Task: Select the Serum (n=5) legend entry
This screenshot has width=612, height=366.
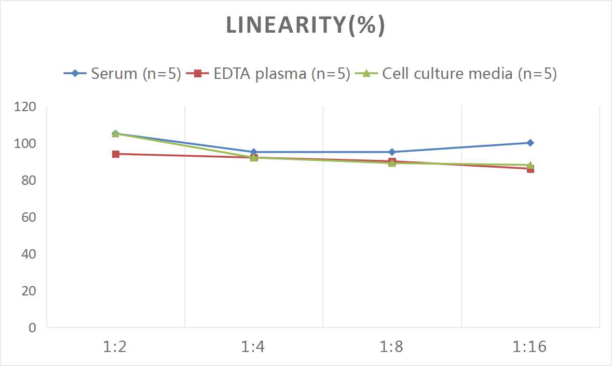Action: coord(135,74)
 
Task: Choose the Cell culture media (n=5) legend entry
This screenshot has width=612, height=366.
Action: coord(469,74)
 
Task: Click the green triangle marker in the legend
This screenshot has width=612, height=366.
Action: coord(366,74)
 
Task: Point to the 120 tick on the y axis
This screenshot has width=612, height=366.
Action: coord(25,107)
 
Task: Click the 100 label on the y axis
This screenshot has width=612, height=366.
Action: coord(25,143)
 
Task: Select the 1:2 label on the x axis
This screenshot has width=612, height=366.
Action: coord(115,347)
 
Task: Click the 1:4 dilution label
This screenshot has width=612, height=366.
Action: coord(254,347)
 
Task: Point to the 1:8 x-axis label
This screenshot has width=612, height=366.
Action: coord(392,347)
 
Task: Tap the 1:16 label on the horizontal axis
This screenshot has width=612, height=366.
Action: coord(530,347)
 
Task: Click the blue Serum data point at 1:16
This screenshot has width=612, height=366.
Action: coord(530,143)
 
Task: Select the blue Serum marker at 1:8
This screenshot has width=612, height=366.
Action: coord(392,152)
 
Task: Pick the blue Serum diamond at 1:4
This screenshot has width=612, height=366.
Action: coord(254,152)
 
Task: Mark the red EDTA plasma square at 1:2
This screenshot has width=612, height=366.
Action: coord(115,154)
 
